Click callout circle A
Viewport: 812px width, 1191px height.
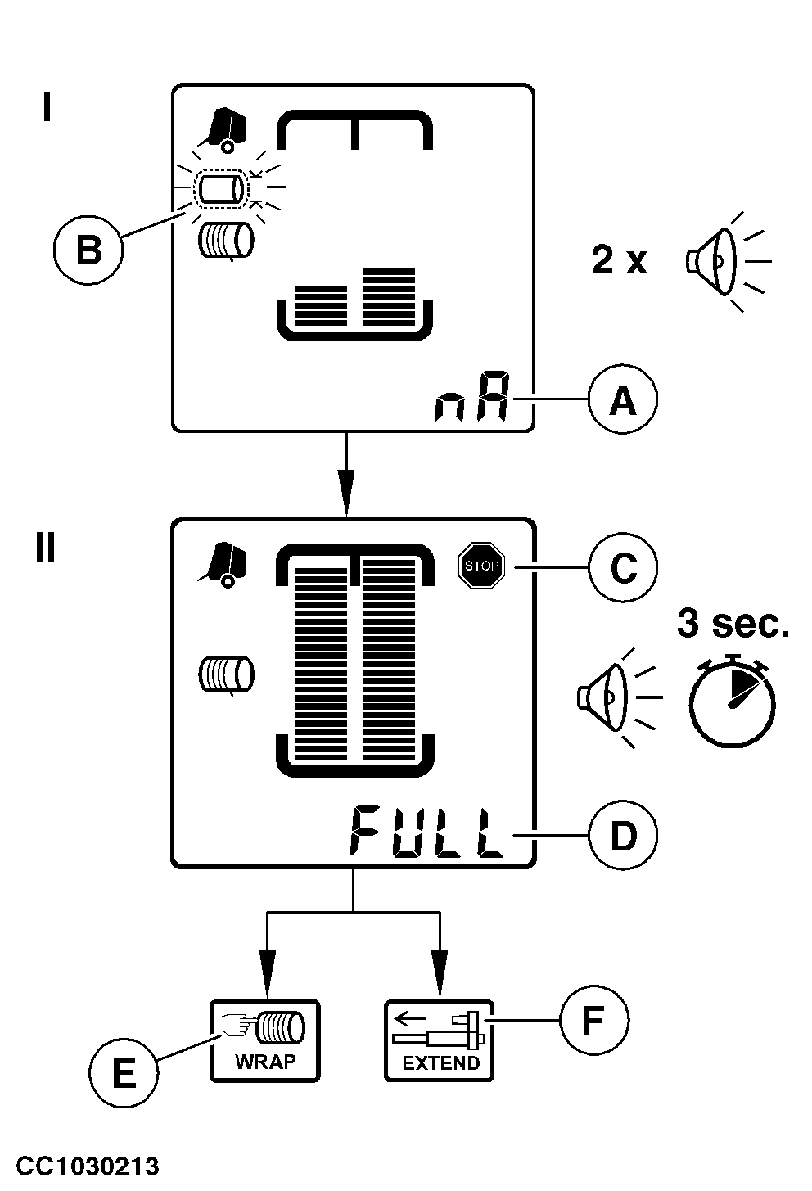click(623, 400)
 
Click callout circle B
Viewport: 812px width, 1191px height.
click(88, 249)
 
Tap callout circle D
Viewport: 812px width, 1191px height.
click(623, 836)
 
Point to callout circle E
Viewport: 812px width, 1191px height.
click(123, 1072)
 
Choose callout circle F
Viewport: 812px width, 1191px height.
click(593, 1021)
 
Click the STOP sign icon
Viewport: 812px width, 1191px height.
click(480, 566)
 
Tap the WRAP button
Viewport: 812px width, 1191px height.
click(265, 1041)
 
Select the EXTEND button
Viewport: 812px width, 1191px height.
click(440, 1041)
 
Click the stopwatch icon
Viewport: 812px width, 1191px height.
click(731, 702)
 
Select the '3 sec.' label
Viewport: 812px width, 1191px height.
click(733, 624)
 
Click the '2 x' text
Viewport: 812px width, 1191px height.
click(619, 261)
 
